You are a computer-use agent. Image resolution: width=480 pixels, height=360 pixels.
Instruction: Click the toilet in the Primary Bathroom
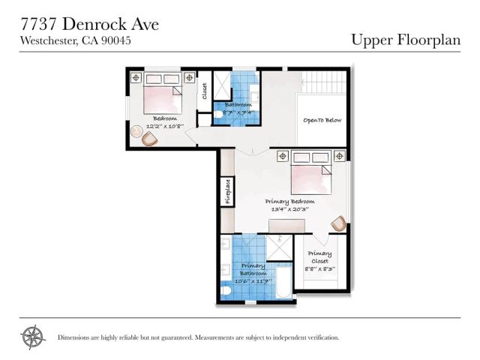(226, 290)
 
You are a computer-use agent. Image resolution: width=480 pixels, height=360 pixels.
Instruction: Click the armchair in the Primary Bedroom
(338, 223)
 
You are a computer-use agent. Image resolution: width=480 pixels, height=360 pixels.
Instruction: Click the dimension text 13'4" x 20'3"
(289, 209)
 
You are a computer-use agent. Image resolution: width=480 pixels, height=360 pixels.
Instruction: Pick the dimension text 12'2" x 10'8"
(164, 126)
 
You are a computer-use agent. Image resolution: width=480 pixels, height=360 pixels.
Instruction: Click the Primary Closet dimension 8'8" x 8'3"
(319, 268)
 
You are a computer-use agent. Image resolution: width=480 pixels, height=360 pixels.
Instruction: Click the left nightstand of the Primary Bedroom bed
(282, 156)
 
